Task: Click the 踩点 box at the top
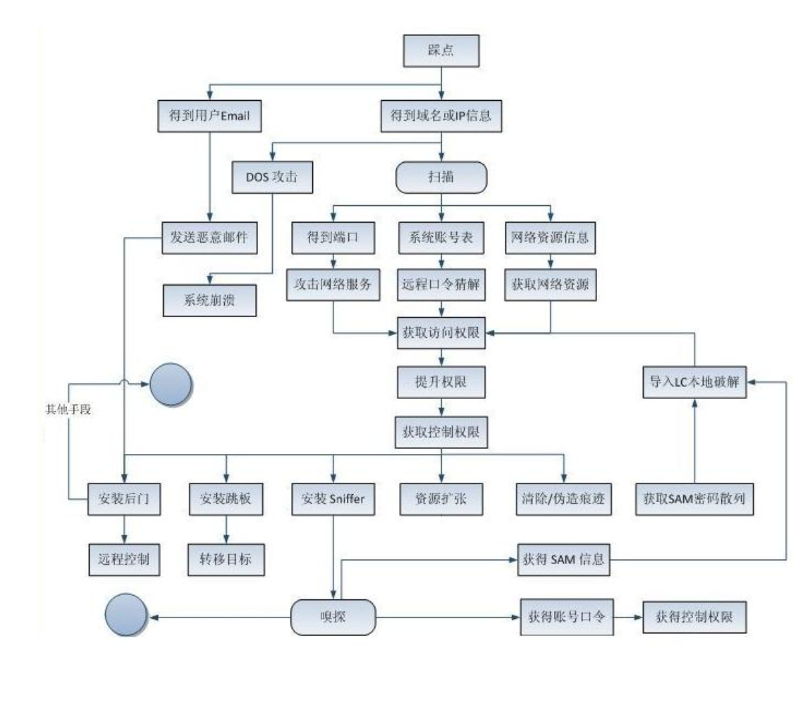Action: click(x=441, y=51)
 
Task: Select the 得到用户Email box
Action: click(x=209, y=116)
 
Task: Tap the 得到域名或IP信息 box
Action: click(x=441, y=116)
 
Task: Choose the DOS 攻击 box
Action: click(x=272, y=177)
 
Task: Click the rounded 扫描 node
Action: click(x=441, y=177)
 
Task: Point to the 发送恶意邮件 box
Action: click(x=209, y=238)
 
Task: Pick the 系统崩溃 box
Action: click(x=209, y=300)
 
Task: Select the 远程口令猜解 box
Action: click(x=441, y=284)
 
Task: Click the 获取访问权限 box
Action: click(x=441, y=333)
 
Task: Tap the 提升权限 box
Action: click(x=441, y=381)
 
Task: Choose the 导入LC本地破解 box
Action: click(x=694, y=381)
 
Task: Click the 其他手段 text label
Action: click(x=68, y=410)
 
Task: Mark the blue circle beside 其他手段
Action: click(x=171, y=385)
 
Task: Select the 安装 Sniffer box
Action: click(x=333, y=499)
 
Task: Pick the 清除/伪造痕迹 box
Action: click(x=563, y=499)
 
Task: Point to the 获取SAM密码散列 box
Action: click(x=694, y=499)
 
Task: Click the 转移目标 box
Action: click(x=226, y=559)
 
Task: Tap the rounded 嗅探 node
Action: click(x=333, y=618)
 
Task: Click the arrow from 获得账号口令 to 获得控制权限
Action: click(x=628, y=618)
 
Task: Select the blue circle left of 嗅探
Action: click(x=126, y=615)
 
